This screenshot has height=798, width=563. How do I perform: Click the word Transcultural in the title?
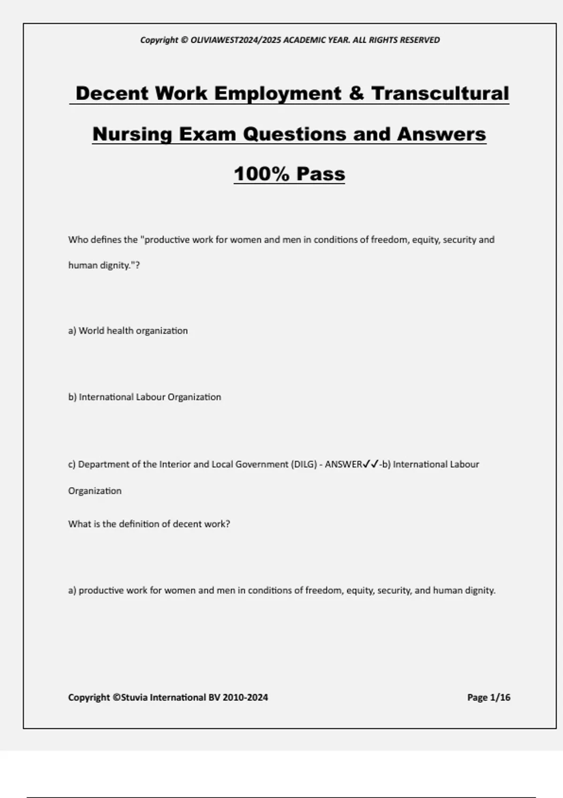click(x=440, y=93)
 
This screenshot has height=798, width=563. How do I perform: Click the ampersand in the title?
click(x=356, y=93)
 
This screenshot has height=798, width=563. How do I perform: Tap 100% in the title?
click(x=261, y=174)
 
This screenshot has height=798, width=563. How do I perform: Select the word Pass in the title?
click(x=321, y=174)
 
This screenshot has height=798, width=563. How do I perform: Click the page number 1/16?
click(x=500, y=697)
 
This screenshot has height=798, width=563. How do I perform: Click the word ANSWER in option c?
click(x=343, y=464)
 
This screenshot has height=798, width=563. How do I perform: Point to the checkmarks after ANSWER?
click(x=371, y=464)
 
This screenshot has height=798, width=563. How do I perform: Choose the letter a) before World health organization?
click(x=72, y=330)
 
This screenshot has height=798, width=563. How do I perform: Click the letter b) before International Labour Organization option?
click(x=72, y=397)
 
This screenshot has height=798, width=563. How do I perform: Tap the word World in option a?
click(x=91, y=330)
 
